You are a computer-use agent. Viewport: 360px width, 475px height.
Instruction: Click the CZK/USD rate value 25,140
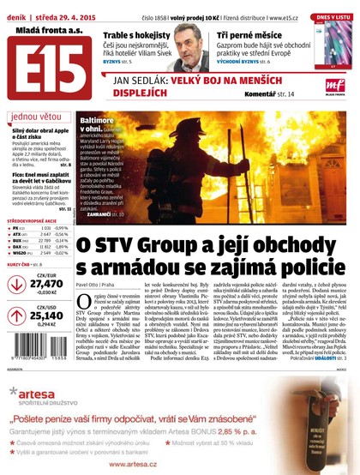(x=46, y=315)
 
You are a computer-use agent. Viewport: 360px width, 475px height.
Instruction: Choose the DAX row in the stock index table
(x=39, y=247)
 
